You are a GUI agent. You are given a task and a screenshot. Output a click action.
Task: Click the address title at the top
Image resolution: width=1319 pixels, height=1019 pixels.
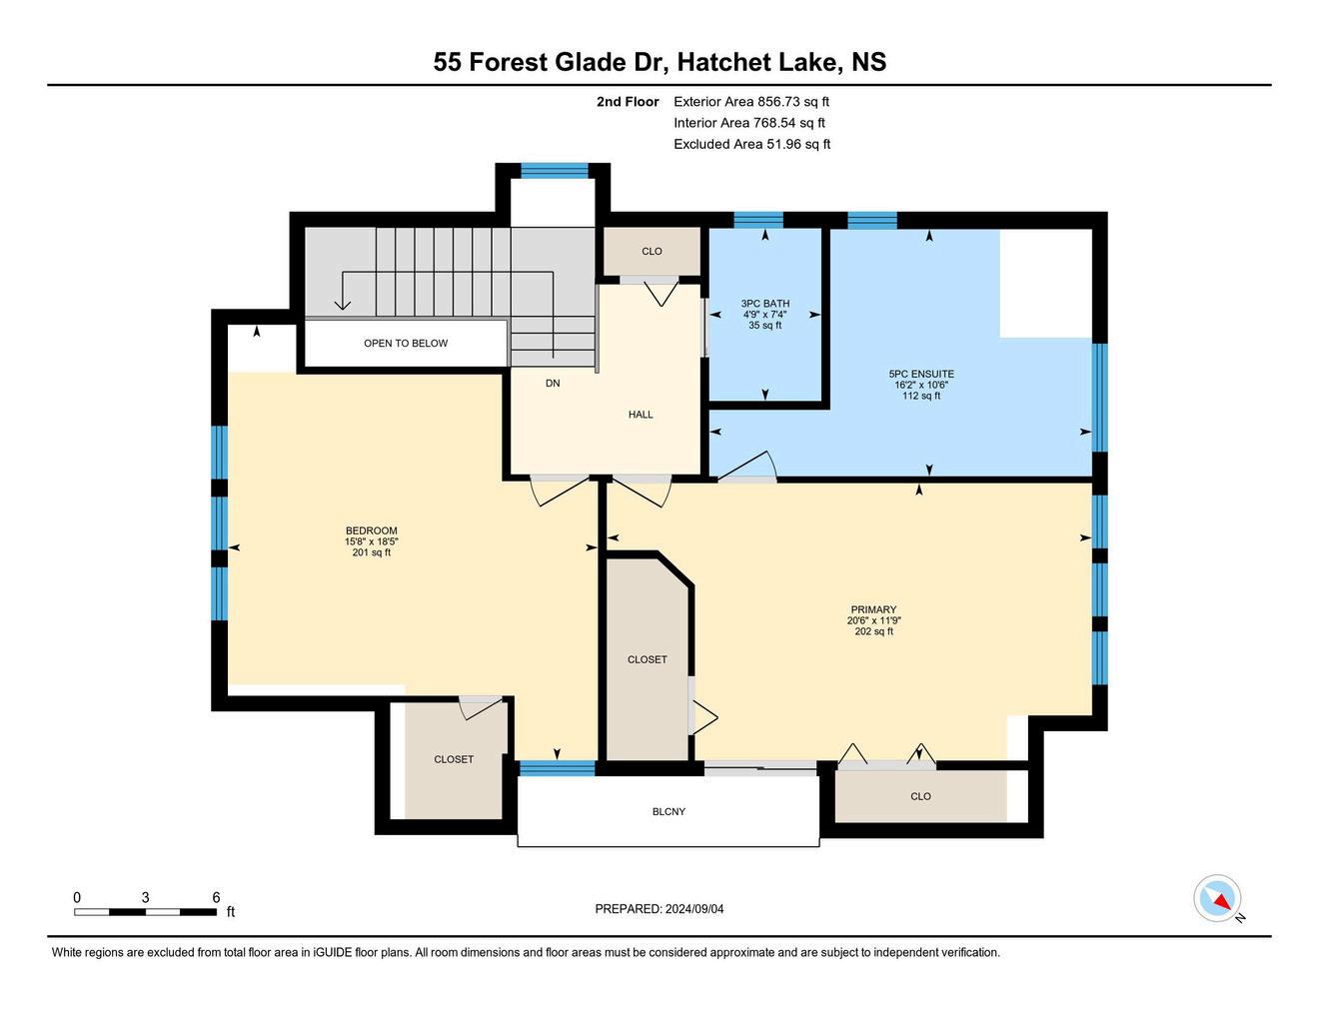(x=659, y=62)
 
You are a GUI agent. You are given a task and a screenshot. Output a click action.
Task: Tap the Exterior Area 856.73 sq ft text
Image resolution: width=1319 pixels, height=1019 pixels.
(x=750, y=101)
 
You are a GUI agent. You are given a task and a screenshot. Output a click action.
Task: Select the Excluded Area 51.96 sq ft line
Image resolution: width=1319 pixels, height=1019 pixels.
(x=751, y=144)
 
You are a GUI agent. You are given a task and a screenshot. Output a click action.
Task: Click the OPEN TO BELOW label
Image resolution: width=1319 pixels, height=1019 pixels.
(x=406, y=343)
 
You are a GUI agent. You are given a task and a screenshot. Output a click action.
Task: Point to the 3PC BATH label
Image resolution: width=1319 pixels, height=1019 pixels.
(x=764, y=303)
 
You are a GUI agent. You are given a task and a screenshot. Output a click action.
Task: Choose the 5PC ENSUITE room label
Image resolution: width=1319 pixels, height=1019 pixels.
(x=921, y=374)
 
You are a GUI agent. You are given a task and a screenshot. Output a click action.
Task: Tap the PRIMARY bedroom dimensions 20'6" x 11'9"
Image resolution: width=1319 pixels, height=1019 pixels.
(x=873, y=620)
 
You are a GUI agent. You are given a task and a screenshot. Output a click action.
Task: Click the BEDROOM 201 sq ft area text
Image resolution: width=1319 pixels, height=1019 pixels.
(x=371, y=552)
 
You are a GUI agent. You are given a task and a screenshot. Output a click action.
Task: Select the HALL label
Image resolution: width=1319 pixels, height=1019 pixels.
(x=641, y=415)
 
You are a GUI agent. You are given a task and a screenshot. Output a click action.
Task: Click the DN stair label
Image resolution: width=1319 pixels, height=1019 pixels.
(x=553, y=383)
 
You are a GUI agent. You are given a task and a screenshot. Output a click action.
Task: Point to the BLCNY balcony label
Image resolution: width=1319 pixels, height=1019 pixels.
(x=668, y=811)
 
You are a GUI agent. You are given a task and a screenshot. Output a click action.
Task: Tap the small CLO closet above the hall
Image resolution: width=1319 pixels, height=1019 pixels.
(x=652, y=252)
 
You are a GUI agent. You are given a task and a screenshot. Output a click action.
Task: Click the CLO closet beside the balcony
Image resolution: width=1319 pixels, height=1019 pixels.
(x=921, y=796)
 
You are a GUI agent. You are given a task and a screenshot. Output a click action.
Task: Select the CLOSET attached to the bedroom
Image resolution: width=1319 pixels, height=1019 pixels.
(x=454, y=760)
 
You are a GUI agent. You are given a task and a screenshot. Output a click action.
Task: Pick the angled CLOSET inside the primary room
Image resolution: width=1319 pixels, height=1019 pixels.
(x=648, y=659)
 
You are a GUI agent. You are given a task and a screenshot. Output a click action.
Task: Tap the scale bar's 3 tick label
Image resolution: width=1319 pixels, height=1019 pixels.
(x=145, y=897)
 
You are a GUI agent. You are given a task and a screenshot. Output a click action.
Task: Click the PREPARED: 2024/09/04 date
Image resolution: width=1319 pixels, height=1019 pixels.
(x=659, y=908)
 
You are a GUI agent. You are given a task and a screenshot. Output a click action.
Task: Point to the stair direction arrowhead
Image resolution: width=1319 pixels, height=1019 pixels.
(x=343, y=304)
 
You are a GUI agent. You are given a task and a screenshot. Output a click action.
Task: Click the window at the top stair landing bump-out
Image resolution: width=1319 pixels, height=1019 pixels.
(x=555, y=171)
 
